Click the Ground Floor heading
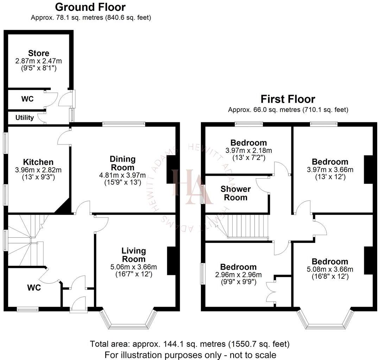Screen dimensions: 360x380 pyautogui.click(x=90, y=7)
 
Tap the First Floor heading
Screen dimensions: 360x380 pyautogui.click(x=288, y=99)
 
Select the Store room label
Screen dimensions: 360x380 pyautogui.click(x=39, y=53)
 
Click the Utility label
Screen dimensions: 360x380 pyautogui.click(x=25, y=117)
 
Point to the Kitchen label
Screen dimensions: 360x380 pyautogui.click(x=38, y=162)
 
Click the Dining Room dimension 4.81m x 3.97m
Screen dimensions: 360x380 pyautogui.click(x=122, y=175)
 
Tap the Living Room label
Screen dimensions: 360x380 pyautogui.click(x=134, y=255)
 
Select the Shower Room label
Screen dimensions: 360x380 pyautogui.click(x=236, y=193)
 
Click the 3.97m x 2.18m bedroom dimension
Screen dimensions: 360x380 pyautogui.click(x=248, y=150)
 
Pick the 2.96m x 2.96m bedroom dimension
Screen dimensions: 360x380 pyautogui.click(x=238, y=275)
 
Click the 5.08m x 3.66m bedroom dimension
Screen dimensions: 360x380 pyautogui.click(x=330, y=269)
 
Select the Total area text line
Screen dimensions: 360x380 pyautogui.click(x=190, y=343)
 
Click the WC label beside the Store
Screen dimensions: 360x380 pyautogui.click(x=27, y=99)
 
